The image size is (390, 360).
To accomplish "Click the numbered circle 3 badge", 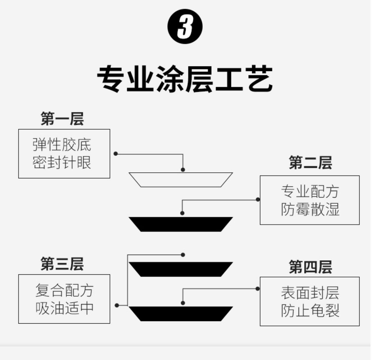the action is coord(185,27).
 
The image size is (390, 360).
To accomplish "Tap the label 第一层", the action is coord(62,119).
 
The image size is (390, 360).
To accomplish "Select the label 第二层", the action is coord(310,163).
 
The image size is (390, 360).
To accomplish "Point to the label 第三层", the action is coord(62,264).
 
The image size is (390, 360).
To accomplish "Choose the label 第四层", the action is coord(310,267).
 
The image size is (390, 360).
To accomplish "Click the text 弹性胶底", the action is coord(62,145).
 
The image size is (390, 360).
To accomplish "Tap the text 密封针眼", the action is coord(62,162).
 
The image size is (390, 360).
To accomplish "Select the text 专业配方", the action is coord(310,192).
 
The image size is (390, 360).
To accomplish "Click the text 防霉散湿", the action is coord(310,209).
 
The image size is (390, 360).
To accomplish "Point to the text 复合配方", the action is coord(64,290).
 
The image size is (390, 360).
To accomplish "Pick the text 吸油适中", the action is coord(64,308).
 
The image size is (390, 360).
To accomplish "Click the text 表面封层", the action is coord(310,293).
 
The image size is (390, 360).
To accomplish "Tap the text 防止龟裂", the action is coord(310,311).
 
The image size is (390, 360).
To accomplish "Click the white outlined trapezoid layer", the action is coord(181,180).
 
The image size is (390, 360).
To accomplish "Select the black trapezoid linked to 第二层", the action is coord(181,224).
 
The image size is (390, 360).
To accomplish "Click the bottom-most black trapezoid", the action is coord(181,314).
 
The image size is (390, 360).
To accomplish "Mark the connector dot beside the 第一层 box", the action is coord(116,154).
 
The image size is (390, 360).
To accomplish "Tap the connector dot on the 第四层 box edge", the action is coord(258,289).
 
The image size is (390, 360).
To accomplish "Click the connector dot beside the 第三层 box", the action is coord(117,305).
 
